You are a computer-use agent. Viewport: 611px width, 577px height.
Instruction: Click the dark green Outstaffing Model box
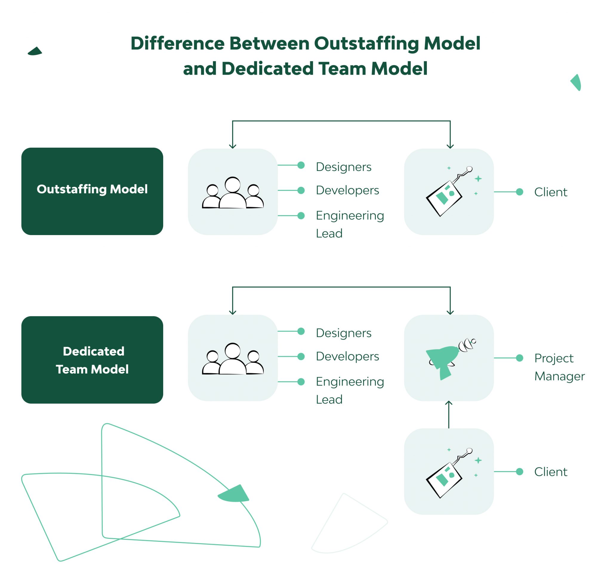(x=92, y=191)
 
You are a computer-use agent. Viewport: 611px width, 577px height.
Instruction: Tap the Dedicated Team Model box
(x=92, y=360)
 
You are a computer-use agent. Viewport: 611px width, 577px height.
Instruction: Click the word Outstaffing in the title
(x=366, y=43)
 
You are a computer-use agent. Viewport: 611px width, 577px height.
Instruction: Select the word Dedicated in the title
(x=268, y=69)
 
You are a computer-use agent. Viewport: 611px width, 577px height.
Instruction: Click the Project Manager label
(x=559, y=367)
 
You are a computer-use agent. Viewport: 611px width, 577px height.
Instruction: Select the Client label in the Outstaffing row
(x=550, y=192)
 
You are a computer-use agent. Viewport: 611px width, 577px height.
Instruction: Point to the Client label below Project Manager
(x=550, y=472)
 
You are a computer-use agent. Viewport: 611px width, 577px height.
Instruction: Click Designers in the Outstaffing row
(x=343, y=167)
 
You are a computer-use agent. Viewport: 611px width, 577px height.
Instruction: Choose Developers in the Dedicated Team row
(x=347, y=357)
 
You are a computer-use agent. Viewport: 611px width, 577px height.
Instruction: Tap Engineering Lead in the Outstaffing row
(x=350, y=224)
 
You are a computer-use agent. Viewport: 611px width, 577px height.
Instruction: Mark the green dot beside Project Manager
(x=519, y=358)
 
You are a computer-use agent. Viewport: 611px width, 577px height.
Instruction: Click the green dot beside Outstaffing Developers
(x=301, y=190)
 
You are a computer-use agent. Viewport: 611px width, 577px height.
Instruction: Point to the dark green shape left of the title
(x=35, y=51)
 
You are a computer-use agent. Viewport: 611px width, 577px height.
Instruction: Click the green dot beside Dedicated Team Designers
(x=301, y=331)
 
